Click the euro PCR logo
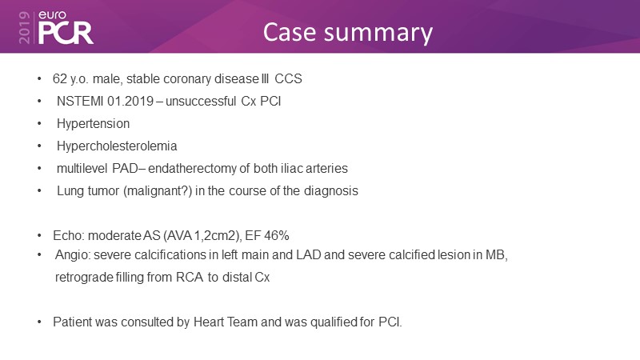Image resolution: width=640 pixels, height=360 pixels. (x=66, y=28)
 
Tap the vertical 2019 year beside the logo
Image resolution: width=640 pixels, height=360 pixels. (x=25, y=27)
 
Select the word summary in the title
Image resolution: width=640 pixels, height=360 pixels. (x=378, y=34)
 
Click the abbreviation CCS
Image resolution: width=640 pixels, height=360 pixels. (x=288, y=78)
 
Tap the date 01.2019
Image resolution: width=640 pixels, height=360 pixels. (x=130, y=101)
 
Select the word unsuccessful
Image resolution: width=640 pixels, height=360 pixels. (x=201, y=101)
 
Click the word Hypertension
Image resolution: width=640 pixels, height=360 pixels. (x=93, y=123)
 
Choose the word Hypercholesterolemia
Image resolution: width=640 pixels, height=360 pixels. (x=117, y=146)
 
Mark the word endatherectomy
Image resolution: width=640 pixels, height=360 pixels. (x=192, y=168)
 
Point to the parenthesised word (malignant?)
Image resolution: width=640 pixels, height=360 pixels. (x=158, y=190)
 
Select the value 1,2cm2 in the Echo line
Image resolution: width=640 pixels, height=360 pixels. (x=214, y=235)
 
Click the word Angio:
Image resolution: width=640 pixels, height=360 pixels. (x=73, y=255)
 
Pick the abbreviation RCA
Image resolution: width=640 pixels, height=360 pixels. (x=190, y=277)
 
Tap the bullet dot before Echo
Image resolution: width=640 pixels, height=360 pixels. (x=39, y=235)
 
